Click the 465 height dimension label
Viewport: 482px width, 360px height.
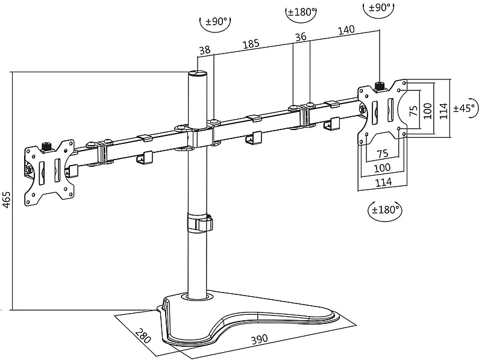click(7, 200)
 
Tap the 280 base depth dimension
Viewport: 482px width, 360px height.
click(143, 336)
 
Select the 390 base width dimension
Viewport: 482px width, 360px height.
click(260, 339)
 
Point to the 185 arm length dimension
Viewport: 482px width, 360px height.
click(251, 44)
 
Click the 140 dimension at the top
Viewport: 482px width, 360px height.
click(346, 30)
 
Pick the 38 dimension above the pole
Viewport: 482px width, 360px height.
click(205, 50)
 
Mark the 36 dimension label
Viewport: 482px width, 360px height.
click(301, 37)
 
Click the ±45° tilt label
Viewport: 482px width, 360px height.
click(466, 108)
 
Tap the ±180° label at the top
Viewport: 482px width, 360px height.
click(301, 12)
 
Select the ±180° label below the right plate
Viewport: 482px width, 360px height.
click(385, 209)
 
